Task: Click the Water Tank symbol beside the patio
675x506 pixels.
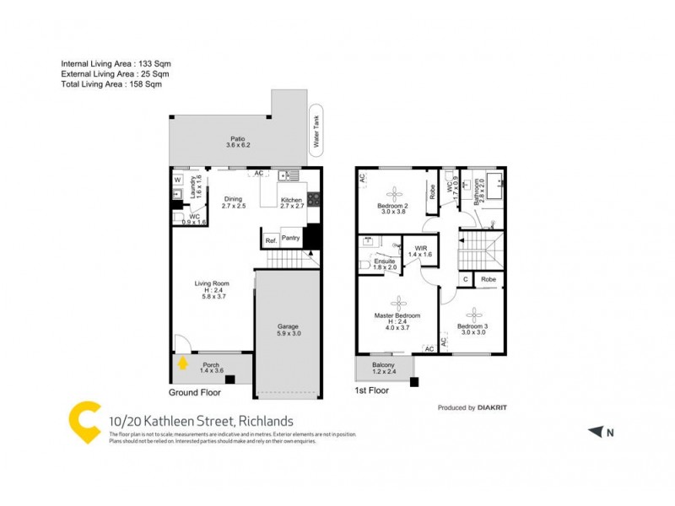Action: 317,132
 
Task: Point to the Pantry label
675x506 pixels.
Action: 290,239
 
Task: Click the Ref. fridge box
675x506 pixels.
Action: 271,241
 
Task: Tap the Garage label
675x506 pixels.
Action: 289,326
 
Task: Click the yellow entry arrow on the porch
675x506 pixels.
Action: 183,364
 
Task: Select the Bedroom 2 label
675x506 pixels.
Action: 392,207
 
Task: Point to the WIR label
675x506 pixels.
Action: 419,249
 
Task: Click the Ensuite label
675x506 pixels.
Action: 385,262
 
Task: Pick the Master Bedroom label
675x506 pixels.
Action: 397,316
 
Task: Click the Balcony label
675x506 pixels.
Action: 384,365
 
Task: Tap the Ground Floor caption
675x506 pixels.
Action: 195,393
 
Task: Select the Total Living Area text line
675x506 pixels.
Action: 111,84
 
